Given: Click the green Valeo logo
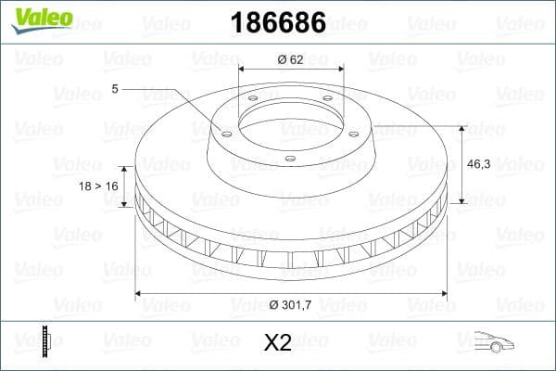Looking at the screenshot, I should coord(40,18).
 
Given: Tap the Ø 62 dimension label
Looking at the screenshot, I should coord(291,59).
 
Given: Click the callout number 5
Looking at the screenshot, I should coord(115,89).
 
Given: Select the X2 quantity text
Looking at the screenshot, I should coord(277,344).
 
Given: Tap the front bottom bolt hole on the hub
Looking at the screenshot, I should coord(289,159).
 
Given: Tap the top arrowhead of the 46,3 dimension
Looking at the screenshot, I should coord(461,125).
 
